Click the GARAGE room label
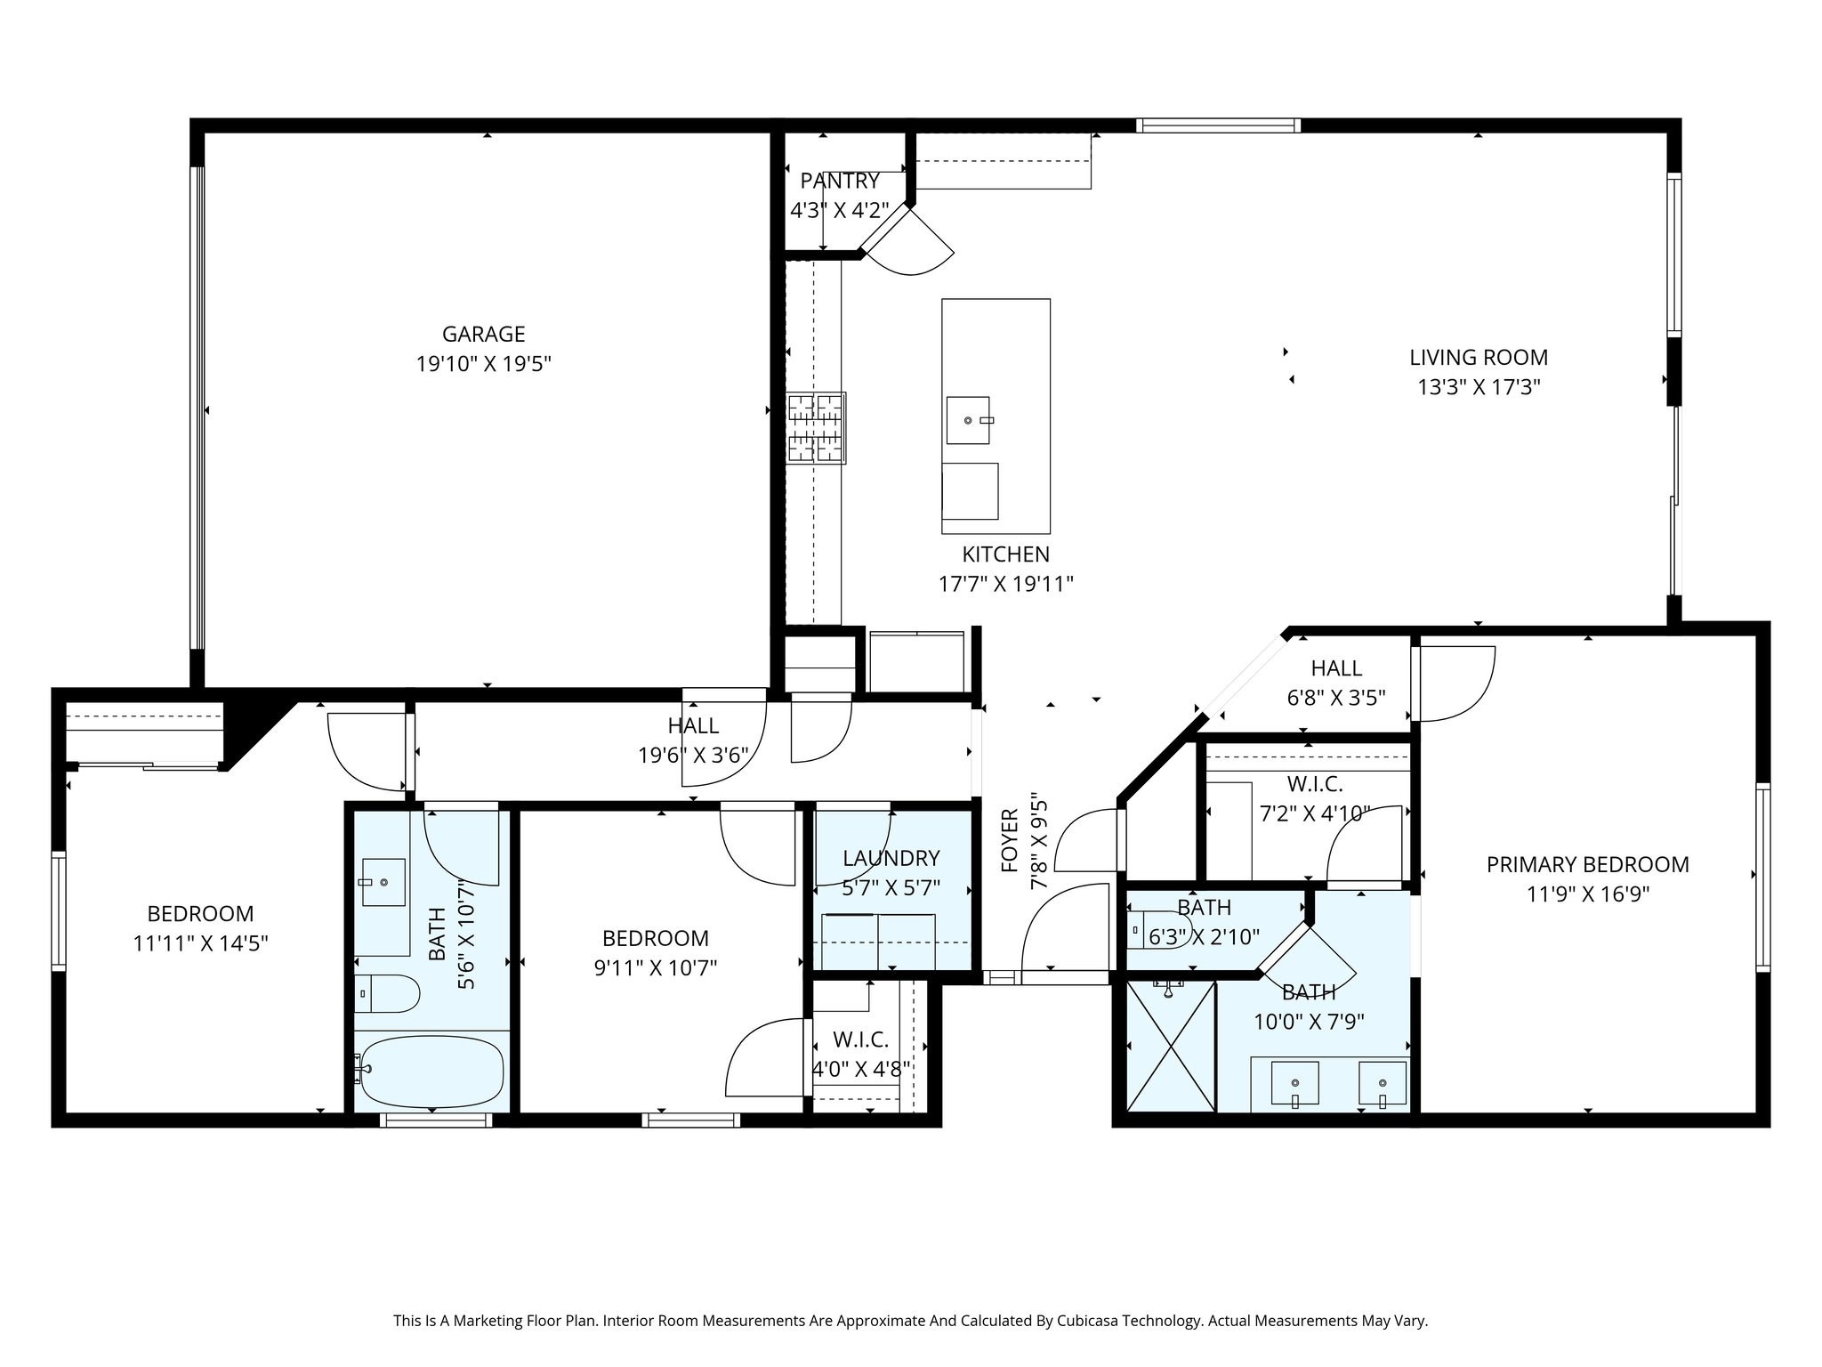(483, 334)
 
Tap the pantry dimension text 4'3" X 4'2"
(839, 211)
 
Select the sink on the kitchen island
(968, 419)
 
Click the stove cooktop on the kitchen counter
(816, 428)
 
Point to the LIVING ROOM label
(1478, 357)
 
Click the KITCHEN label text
(1005, 554)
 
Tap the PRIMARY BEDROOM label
(1587, 863)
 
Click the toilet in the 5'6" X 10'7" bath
(388, 993)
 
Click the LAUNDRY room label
(891, 858)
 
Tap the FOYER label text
(1009, 840)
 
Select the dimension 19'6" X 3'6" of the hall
(693, 756)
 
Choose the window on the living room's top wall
(1218, 125)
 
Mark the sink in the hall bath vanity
(383, 882)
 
